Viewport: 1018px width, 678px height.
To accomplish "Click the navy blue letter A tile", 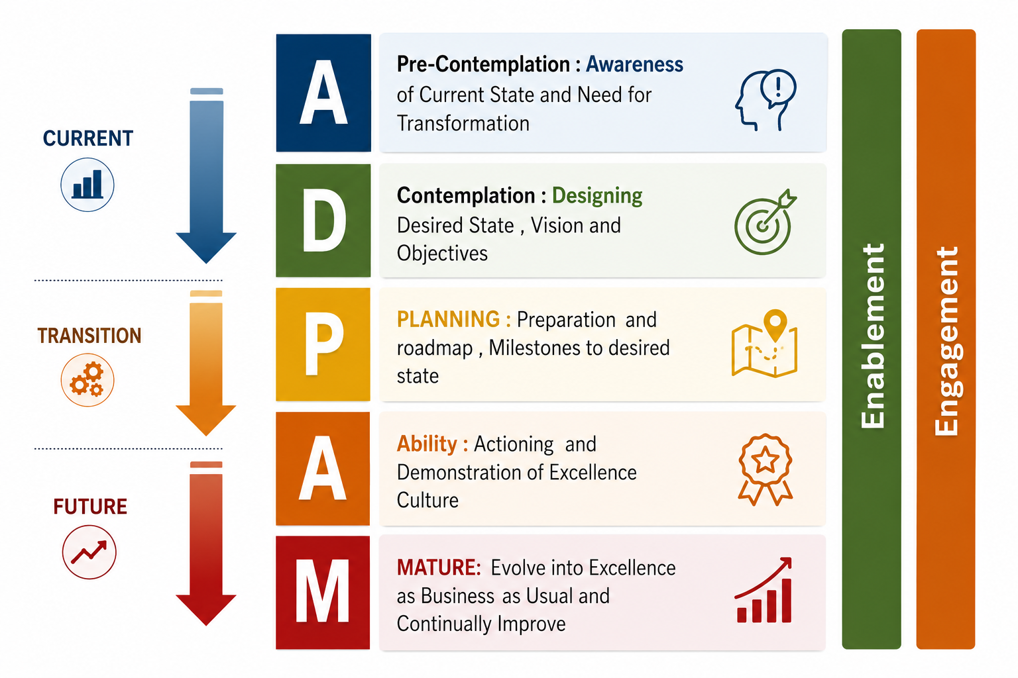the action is click(323, 93).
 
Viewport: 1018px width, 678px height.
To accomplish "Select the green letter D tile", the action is click(323, 220).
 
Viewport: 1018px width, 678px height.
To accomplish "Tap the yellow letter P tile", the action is click(323, 344).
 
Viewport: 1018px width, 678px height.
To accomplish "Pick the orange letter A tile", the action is click(323, 468).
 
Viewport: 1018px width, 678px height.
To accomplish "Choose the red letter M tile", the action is click(323, 593).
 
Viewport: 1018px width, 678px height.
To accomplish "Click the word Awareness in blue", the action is click(634, 64).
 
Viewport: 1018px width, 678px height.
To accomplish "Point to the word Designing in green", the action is click(597, 196).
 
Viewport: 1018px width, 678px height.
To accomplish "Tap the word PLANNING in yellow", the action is click(448, 319).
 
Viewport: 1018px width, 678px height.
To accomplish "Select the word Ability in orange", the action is click(427, 444).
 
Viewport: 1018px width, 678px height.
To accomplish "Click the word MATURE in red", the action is click(438, 567).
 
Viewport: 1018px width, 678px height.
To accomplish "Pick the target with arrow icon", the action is click(765, 222).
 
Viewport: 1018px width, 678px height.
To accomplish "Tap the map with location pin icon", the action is click(764, 344).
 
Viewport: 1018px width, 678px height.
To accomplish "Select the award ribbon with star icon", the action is click(765, 469).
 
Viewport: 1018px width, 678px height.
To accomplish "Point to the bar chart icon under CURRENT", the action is click(87, 184).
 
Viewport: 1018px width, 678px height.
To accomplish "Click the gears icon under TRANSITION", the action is click(87, 379).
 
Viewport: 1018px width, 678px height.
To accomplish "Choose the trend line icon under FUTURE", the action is click(89, 552).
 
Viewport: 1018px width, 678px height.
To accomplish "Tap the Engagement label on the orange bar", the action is click(946, 341).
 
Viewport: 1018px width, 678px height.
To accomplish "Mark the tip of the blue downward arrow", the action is click(206, 264).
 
